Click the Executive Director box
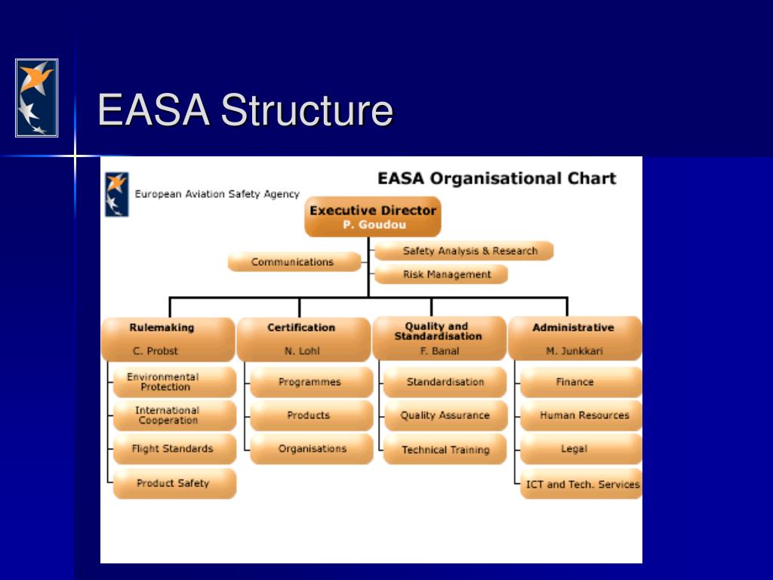372,217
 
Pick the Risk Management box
442,274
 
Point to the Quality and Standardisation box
439,338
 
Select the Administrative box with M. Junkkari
574,338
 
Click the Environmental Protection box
174,382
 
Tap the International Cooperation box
174,415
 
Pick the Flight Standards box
174,449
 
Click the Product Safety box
174,483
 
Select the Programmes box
310,382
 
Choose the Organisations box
310,449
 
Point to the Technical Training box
445,449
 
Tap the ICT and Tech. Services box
581,484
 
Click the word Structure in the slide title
306,110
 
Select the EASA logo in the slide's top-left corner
36,98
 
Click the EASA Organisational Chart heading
497,179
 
